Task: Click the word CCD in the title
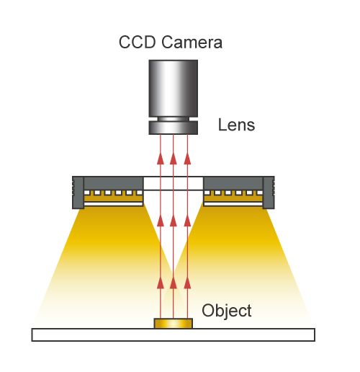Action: [137, 43]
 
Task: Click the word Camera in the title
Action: [192, 43]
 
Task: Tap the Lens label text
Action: [236, 125]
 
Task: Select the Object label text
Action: [227, 311]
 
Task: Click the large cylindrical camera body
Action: [174, 89]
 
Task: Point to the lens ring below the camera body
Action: [174, 128]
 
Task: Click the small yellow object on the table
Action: [174, 324]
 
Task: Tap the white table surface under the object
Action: [174, 335]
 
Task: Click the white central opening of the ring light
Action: [174, 183]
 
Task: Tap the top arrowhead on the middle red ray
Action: [174, 159]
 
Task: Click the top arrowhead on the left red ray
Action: [161, 159]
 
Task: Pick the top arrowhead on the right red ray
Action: [187, 159]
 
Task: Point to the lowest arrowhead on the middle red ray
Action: [174, 283]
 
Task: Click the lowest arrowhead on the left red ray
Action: [161, 283]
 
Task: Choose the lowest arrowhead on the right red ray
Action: [187, 283]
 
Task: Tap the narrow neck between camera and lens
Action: [174, 119]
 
